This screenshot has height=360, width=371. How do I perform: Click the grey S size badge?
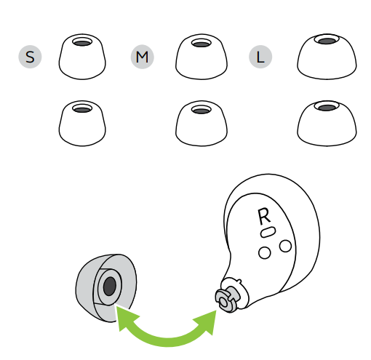30,57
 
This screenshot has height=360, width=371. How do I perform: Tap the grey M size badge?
143,57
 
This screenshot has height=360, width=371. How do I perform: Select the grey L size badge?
260,57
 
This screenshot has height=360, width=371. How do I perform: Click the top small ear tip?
82,57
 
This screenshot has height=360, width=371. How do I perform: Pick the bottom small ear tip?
82,123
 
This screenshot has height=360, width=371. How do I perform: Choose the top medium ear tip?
202,57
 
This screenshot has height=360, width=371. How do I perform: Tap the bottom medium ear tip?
202,123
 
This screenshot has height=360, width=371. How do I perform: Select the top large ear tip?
327,57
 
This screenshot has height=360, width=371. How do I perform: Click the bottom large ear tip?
327,123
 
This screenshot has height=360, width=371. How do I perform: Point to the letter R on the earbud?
264,216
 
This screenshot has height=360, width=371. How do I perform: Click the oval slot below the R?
268,232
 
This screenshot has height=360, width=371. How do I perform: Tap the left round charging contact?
265,253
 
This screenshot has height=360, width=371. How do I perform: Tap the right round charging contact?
285,246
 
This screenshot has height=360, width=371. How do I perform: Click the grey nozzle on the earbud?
228,299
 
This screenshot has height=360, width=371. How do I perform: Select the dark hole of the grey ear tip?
110,287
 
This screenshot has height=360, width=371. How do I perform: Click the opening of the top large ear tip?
327,40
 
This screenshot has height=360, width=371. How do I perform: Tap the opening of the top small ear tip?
82,42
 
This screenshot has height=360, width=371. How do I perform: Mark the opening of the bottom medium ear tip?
202,111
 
